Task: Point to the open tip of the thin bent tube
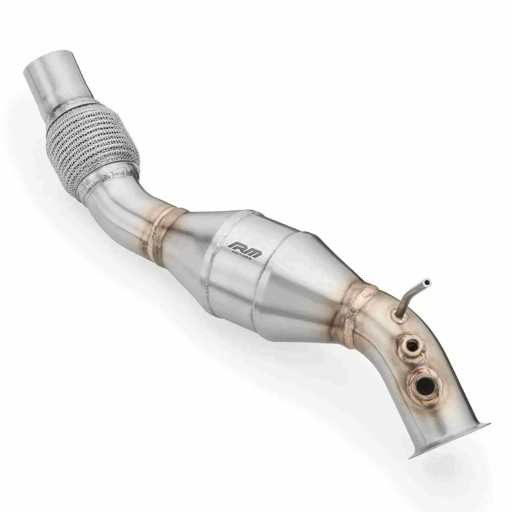(x=429, y=282)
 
